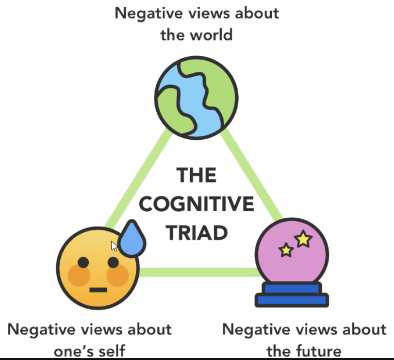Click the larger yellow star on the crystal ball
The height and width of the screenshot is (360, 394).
pyautogui.click(x=303, y=238)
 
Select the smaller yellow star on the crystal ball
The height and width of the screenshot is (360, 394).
pyautogui.click(x=286, y=250)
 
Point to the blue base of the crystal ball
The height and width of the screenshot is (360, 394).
pyautogui.click(x=292, y=295)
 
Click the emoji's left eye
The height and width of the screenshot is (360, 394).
pyautogui.click(x=83, y=262)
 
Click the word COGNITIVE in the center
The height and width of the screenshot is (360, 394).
pyautogui.click(x=197, y=204)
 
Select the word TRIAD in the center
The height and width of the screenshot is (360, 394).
pyautogui.click(x=197, y=233)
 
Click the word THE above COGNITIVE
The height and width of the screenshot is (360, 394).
pyautogui.click(x=197, y=175)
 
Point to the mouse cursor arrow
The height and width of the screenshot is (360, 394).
pyautogui.click(x=114, y=245)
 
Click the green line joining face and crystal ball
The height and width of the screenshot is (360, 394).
pyautogui.click(x=199, y=272)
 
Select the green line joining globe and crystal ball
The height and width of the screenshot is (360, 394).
pyautogui.click(x=252, y=175)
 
